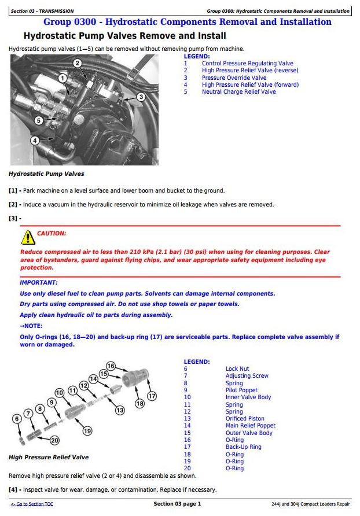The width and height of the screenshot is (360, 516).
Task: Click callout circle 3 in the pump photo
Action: [x=141, y=97]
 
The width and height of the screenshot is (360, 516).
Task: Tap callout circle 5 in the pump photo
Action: [x=38, y=120]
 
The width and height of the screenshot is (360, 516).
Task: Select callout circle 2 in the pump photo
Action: [x=78, y=63]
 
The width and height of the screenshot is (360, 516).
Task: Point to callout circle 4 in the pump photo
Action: [x=35, y=140]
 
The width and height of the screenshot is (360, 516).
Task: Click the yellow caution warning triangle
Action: [x=27, y=237]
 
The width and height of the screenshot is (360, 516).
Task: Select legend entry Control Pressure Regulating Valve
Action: [x=247, y=64]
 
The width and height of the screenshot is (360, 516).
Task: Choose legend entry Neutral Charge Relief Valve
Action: [x=238, y=91]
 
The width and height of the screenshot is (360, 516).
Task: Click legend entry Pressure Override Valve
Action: [x=234, y=78]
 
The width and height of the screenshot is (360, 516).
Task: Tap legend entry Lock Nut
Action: [x=237, y=368]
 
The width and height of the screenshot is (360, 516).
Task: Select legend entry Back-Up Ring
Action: [x=243, y=447]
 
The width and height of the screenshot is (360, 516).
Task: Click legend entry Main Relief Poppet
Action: [x=250, y=425]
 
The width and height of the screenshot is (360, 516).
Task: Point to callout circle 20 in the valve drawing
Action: [x=55, y=440]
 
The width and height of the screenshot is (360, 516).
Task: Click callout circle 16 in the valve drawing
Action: [x=111, y=366]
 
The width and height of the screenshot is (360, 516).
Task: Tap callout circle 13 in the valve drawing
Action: [x=120, y=410]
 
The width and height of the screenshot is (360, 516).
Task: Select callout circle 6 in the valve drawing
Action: [x=17, y=418]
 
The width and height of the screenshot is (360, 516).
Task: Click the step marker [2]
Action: [x=13, y=204]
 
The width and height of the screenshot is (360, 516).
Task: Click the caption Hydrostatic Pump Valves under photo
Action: [x=46, y=174]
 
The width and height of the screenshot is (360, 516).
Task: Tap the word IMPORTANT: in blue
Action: [x=39, y=282]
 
